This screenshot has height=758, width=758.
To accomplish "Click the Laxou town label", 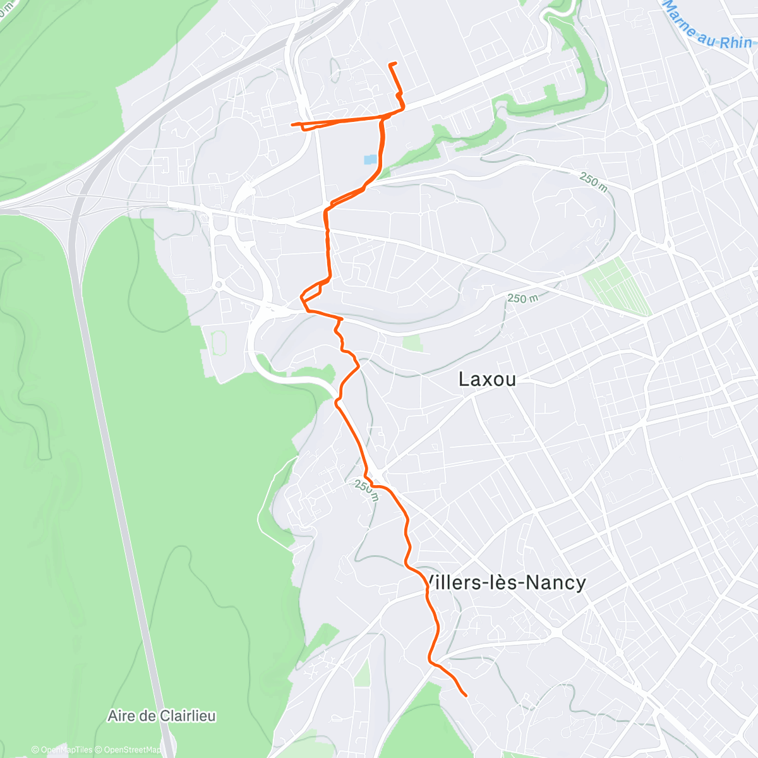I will [487, 379].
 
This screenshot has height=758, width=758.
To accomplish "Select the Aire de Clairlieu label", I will [162, 716].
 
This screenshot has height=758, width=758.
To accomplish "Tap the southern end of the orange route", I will [466, 695].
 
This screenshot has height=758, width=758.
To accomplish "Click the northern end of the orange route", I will [395, 63].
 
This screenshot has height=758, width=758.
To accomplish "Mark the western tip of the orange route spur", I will [292, 124].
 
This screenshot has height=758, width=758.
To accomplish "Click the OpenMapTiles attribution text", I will [62, 750].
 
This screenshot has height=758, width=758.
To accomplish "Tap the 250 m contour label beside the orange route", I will [366, 490].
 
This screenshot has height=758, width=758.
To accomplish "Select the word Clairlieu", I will [188, 716].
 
